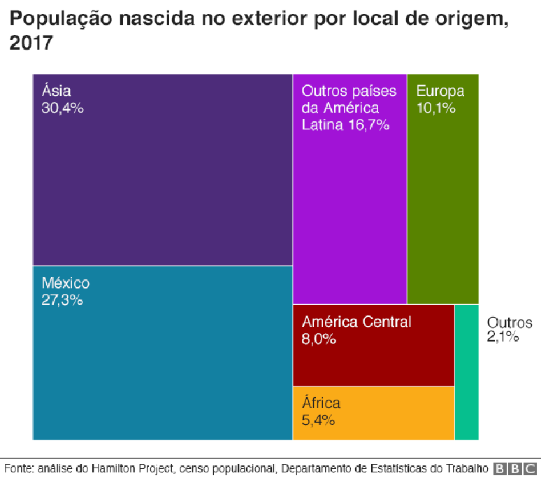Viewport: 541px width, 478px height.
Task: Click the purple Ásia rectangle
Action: point(162,182)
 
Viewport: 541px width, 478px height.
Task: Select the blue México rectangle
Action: point(162,364)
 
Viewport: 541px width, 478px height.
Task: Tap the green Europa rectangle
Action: point(442,203)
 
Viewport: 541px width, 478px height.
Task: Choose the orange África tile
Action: point(373,420)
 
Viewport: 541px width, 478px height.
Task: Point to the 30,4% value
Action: point(63,108)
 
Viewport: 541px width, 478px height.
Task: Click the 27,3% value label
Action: point(62,301)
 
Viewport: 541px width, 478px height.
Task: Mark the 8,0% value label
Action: point(319,339)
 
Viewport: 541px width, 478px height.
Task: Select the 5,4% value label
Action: point(319,421)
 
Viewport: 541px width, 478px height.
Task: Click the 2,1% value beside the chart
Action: point(503,337)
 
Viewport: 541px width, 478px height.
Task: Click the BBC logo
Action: point(516,468)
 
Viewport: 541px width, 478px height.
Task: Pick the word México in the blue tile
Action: point(66,283)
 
